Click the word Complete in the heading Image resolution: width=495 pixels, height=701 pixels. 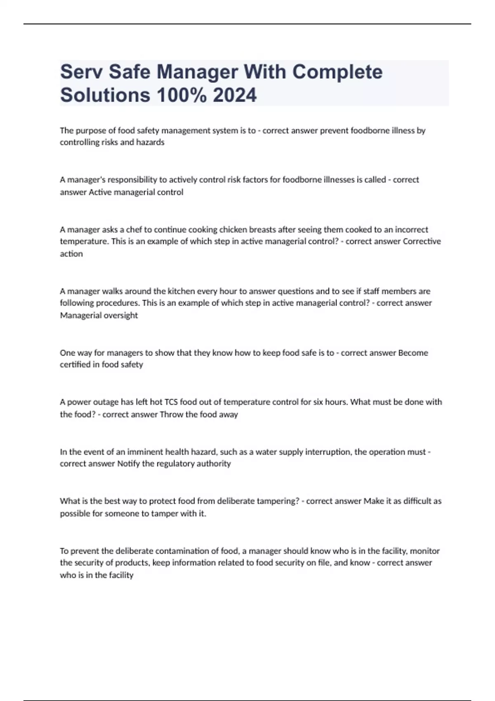point(337,72)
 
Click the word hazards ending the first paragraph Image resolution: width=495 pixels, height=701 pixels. point(151,142)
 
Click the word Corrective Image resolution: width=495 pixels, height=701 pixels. point(422,241)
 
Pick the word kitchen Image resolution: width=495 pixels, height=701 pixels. point(181,291)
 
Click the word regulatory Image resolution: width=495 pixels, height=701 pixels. point(175,464)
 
